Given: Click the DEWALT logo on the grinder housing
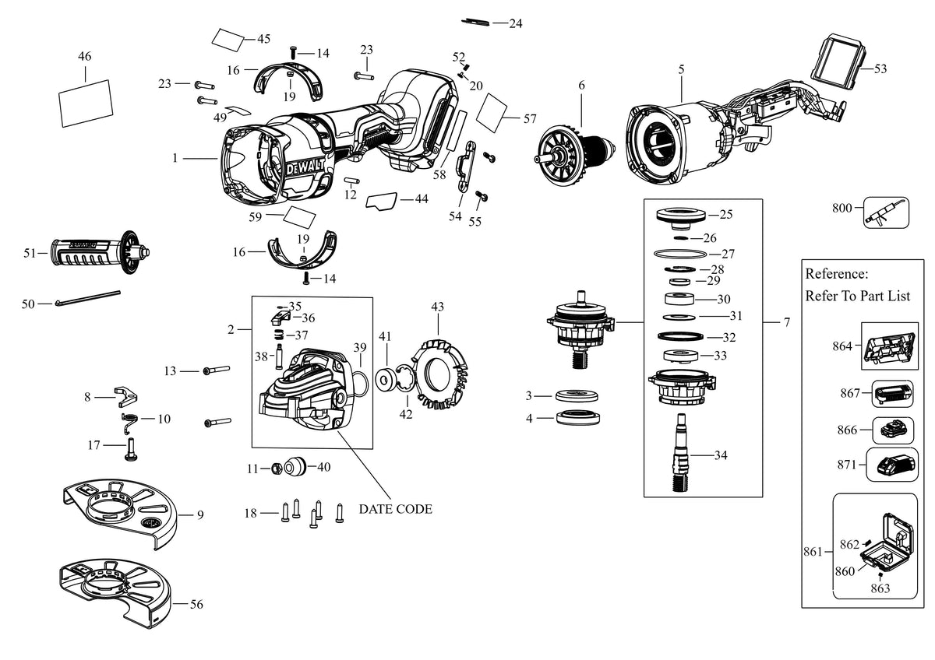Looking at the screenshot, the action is (x=305, y=168).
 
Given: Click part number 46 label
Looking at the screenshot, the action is (x=85, y=56).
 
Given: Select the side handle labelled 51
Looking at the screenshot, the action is (x=101, y=253).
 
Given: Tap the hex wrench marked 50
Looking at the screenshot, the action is (x=87, y=298).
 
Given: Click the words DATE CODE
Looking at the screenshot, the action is (x=395, y=509).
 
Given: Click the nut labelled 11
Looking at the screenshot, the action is (x=277, y=469).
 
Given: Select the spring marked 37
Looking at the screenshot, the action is (x=279, y=335).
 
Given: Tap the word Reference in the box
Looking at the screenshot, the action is (x=836, y=274).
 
